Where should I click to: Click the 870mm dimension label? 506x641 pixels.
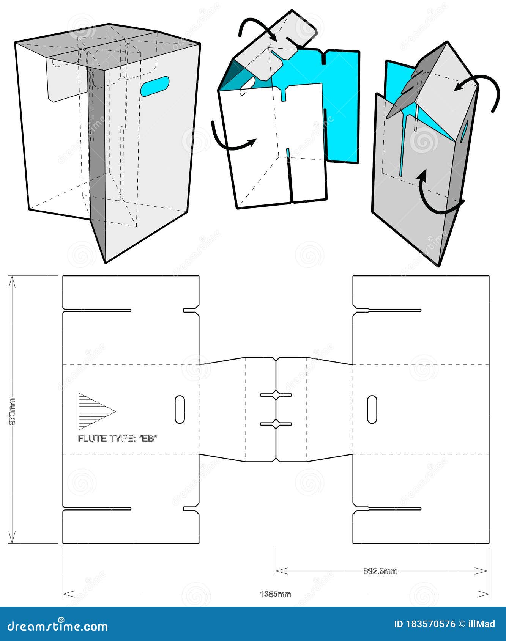(x=12, y=411)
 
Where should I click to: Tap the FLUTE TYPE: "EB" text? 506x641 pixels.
(x=117, y=438)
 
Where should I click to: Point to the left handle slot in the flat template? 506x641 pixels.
(x=180, y=409)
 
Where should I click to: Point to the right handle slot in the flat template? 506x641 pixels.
(x=372, y=409)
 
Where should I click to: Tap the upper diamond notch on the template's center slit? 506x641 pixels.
(x=276, y=395)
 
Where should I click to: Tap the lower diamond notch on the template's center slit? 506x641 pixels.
(x=276, y=424)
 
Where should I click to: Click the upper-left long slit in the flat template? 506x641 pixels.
(x=97, y=310)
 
